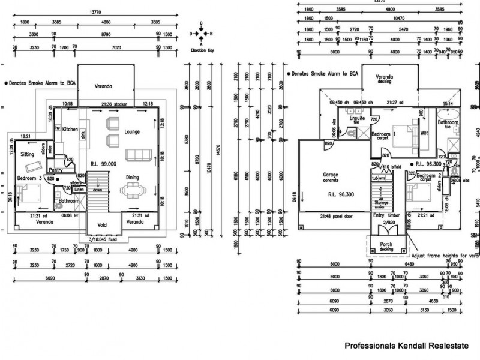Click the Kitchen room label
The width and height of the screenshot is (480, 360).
(x=71, y=129)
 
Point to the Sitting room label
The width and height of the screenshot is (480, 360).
(x=28, y=154)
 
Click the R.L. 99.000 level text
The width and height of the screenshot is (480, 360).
(x=104, y=163)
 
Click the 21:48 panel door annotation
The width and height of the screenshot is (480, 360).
(x=336, y=215)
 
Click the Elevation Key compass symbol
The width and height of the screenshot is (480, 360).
(x=202, y=34)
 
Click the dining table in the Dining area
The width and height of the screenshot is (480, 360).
(x=132, y=191)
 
